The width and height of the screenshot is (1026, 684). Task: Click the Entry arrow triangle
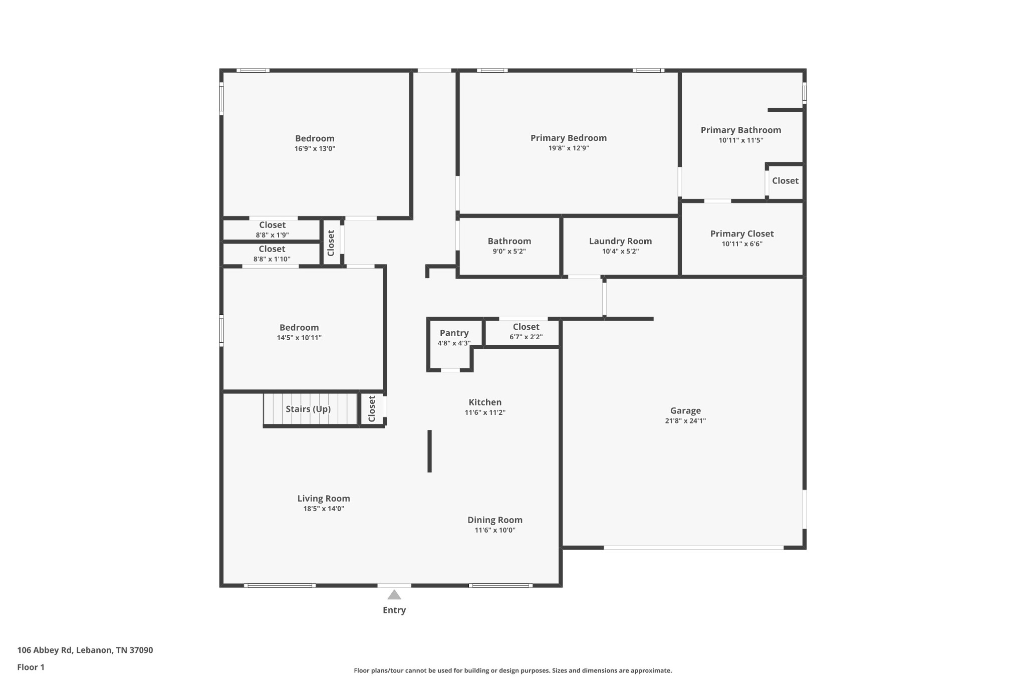click(394, 595)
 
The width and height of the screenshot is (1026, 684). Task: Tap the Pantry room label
click(454, 333)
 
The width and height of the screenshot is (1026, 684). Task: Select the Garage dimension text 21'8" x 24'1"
click(685, 421)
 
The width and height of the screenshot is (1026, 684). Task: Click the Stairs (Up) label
click(308, 409)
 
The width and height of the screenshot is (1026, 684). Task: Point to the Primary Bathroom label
click(740, 130)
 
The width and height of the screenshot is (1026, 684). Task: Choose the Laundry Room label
click(620, 241)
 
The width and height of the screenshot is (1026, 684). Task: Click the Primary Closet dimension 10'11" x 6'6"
click(741, 244)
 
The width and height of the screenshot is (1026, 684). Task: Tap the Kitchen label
click(484, 402)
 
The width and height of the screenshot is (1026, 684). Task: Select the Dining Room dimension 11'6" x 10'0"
click(494, 530)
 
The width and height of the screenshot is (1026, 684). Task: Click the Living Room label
click(324, 499)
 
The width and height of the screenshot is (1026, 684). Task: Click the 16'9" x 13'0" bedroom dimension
click(315, 149)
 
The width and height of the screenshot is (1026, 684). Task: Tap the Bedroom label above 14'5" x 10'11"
click(299, 328)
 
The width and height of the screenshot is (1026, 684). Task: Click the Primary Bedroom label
click(568, 138)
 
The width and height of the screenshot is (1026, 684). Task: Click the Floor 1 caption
click(31, 667)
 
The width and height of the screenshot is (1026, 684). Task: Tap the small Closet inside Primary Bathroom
click(785, 181)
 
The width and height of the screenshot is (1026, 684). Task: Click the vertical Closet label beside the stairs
click(372, 409)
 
